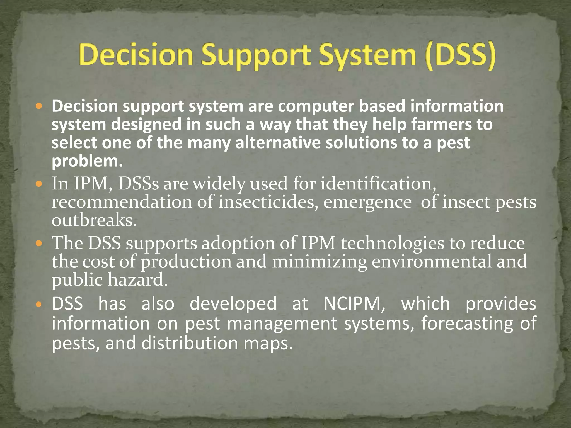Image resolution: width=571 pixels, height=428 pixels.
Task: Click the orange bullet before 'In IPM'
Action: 39,184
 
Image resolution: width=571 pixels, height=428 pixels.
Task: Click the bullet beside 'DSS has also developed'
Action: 39,304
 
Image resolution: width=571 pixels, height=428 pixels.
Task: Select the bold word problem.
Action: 87,161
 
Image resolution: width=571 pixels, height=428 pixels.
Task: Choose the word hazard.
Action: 138,280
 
